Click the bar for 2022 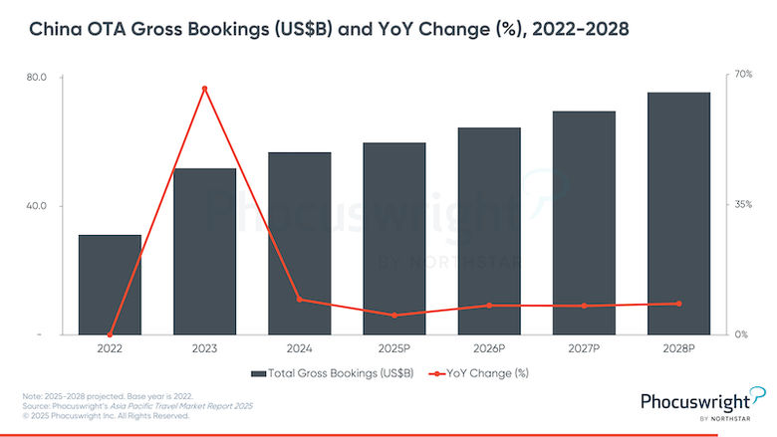point(110,285)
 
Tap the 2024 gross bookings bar point(299,244)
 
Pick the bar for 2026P point(489,231)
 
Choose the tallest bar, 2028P point(678,213)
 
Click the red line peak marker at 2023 point(204,89)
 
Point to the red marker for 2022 point(110,334)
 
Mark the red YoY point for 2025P point(394,316)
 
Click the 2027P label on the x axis point(584,349)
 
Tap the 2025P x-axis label point(394,349)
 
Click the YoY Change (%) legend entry point(486,373)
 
